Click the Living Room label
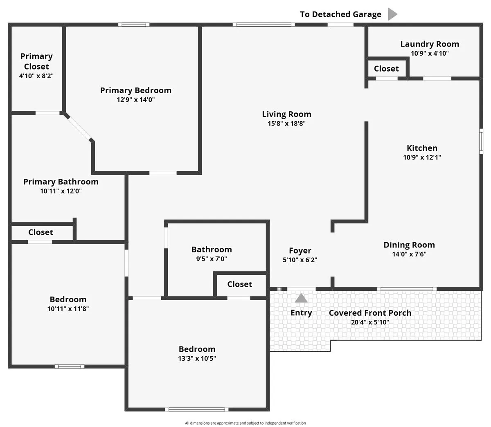coord(286,114)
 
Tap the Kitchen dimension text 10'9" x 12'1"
coord(422,157)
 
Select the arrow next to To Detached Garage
coord(393,14)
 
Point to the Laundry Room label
coord(430,44)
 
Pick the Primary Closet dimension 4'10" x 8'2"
coord(36,76)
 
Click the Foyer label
coord(300,251)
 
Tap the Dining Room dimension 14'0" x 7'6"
coord(409,254)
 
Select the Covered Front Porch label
coord(370,313)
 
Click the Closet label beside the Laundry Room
coord(386,69)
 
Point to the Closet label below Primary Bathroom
coord(41,232)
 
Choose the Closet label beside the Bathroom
coord(239,284)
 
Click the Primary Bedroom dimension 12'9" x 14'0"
coord(135,99)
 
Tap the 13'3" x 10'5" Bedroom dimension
coord(197,358)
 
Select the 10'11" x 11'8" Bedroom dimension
coord(68,309)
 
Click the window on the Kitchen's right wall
coord(481,141)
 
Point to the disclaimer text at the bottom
coord(245,423)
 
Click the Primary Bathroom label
coord(61,182)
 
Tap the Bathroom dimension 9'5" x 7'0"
coord(212,259)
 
